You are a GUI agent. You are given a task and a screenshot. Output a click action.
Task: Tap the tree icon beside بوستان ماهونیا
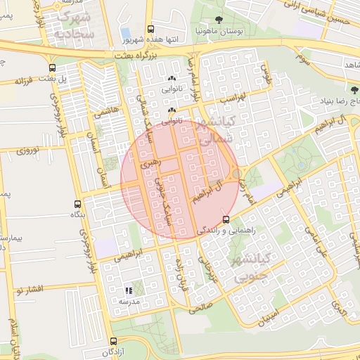click(x=219, y=20)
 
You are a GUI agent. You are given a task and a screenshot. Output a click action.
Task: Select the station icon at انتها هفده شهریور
click(x=150, y=30)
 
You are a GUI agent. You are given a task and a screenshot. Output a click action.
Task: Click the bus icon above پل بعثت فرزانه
click(x=53, y=68)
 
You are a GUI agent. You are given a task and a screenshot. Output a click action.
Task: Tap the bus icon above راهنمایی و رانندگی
click(x=225, y=219)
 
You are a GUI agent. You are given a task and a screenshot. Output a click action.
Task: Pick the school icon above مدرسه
click(x=128, y=290)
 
